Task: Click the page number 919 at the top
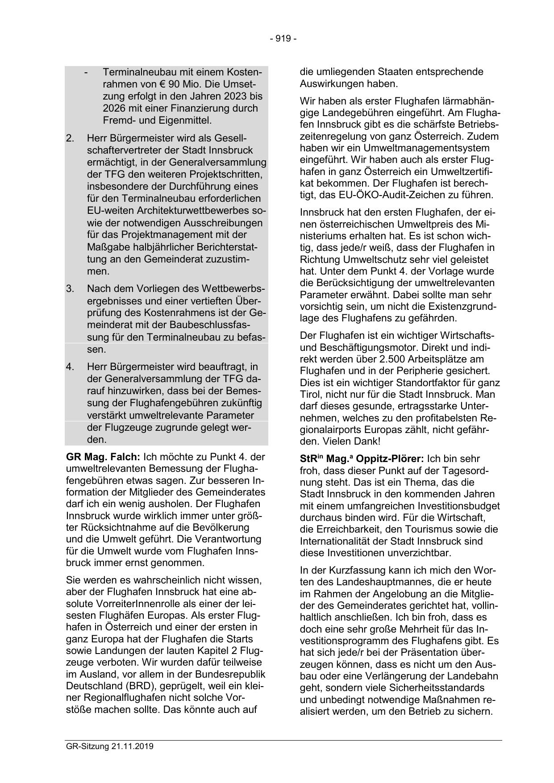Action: pyautogui.click(x=283, y=39)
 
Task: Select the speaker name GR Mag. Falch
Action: pyautogui.click(x=103, y=457)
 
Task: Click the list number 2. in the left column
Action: pyautogui.click(x=70, y=138)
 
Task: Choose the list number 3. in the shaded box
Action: pyautogui.click(x=70, y=289)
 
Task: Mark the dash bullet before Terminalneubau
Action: pyautogui.click(x=86, y=72)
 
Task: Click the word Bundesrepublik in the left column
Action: pyautogui.click(x=229, y=674)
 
